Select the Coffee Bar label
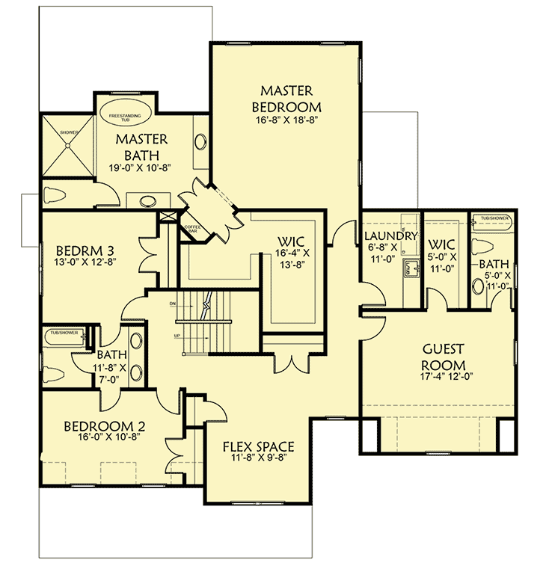[190, 229]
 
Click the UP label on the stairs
[177, 336]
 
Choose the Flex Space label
[258, 447]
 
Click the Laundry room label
[390, 236]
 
